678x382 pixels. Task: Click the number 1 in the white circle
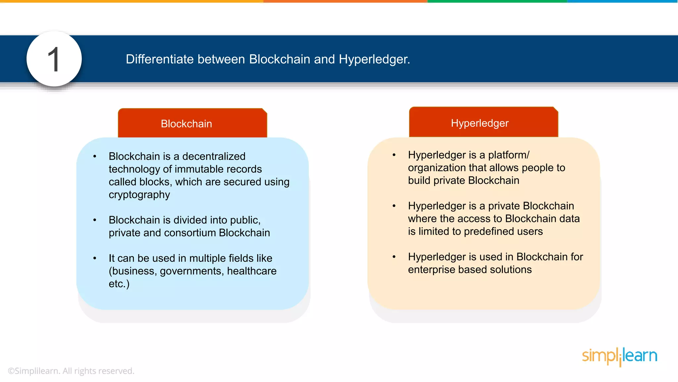coord(54,59)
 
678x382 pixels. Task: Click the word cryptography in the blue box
coord(139,195)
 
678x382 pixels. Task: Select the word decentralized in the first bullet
coord(214,156)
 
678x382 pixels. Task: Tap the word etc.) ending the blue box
coord(119,284)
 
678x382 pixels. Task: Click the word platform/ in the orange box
coord(509,155)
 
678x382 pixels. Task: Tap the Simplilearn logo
coord(619,356)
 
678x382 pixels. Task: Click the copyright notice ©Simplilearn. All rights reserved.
coord(71,371)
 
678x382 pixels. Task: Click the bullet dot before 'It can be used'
coord(95,258)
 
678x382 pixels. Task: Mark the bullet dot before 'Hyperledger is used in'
coord(394,257)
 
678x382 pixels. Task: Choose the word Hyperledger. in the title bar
coord(374,59)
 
